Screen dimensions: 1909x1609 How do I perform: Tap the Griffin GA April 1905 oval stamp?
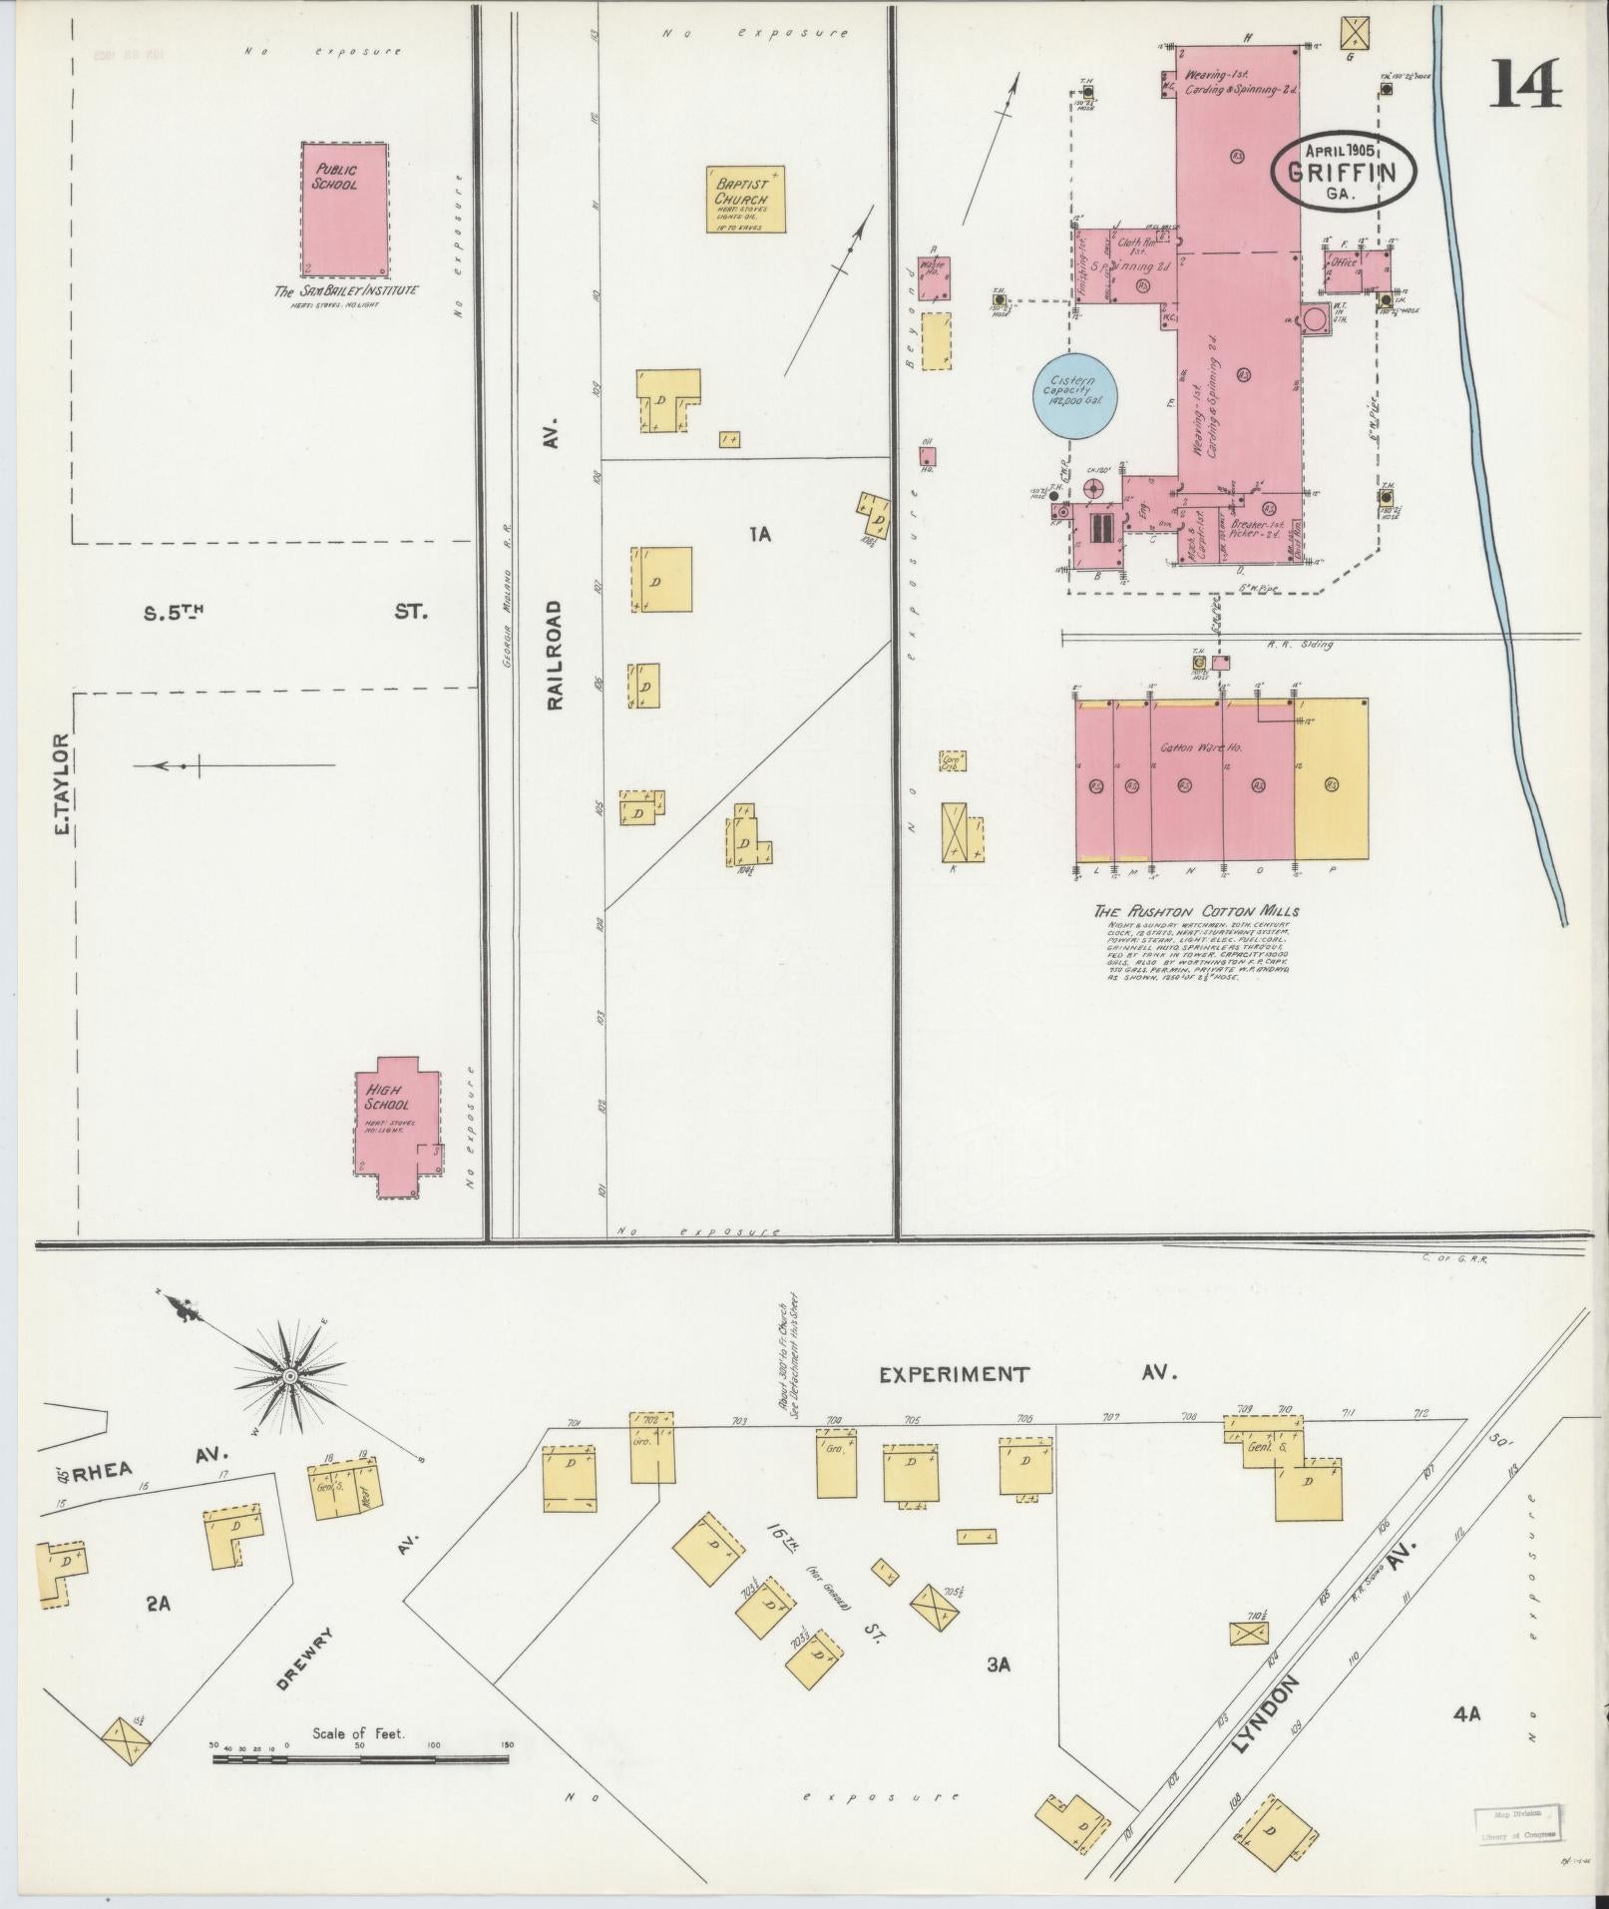1345,171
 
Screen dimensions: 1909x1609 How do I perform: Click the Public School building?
344,210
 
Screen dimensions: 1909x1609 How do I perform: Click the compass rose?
289,1376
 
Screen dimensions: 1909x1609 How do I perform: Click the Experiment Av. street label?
1027,1374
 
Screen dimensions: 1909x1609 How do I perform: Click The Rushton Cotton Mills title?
1196,911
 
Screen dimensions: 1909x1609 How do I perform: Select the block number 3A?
999,1664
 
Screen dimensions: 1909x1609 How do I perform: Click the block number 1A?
760,534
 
